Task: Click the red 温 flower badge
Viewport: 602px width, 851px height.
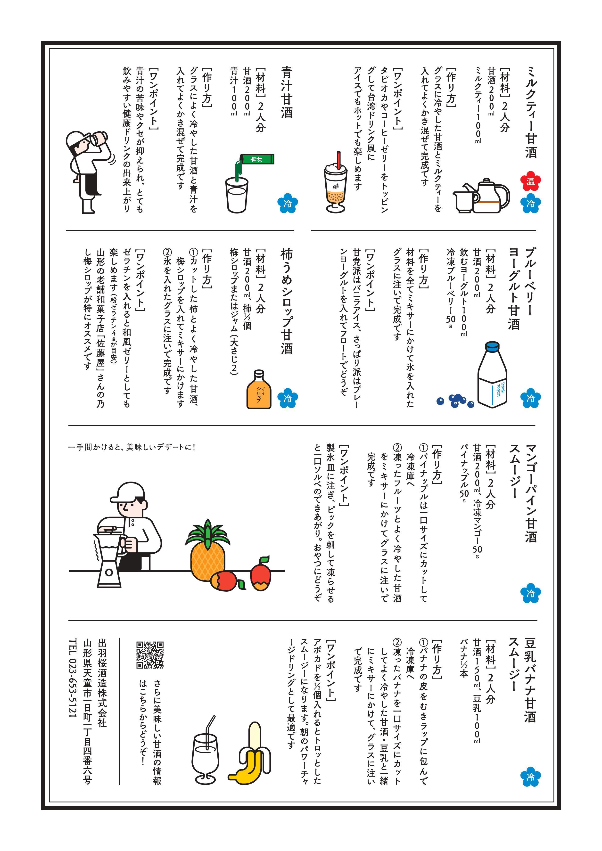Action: pos(530,181)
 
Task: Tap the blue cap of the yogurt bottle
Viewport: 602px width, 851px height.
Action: pos(493,347)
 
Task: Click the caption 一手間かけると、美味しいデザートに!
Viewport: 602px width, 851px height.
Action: pos(132,447)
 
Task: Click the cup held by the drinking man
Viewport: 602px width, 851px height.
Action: pos(99,138)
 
